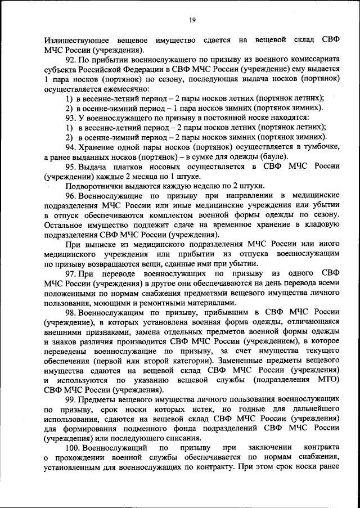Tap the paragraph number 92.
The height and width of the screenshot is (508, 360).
71,60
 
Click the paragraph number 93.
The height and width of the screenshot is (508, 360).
71,117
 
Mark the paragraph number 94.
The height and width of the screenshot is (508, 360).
71,146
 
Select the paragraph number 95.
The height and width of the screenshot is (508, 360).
71,166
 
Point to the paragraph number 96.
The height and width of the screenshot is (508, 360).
71,195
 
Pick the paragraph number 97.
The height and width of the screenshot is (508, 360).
71,273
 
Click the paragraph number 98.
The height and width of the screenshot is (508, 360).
71,312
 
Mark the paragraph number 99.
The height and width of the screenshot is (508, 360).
71,399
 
